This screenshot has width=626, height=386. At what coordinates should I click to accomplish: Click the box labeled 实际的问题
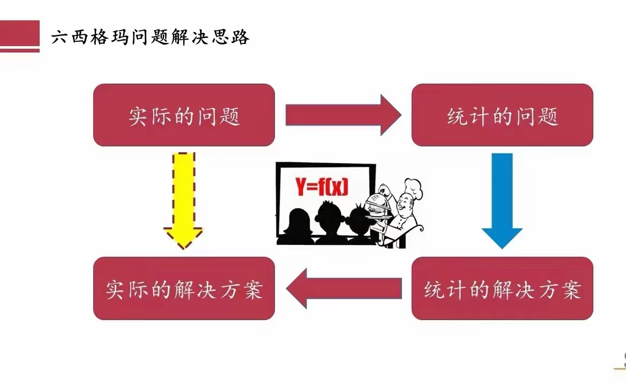click(x=184, y=115)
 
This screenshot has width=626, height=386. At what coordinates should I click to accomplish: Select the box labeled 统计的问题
click(x=502, y=115)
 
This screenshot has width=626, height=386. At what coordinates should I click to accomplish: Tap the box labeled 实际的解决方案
click(x=184, y=288)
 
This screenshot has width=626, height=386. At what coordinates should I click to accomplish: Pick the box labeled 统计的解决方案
click(x=502, y=288)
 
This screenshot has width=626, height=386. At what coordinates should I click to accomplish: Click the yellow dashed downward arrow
click(x=184, y=201)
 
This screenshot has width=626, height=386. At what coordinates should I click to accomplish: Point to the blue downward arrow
click(x=502, y=201)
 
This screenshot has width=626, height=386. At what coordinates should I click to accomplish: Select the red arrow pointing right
click(x=344, y=115)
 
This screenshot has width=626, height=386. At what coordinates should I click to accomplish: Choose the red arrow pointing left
click(x=344, y=288)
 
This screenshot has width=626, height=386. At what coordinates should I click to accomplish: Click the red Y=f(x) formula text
click(x=322, y=187)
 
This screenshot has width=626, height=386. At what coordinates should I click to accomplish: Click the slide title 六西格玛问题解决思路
click(x=150, y=37)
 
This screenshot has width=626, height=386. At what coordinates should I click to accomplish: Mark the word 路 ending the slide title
click(x=240, y=37)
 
